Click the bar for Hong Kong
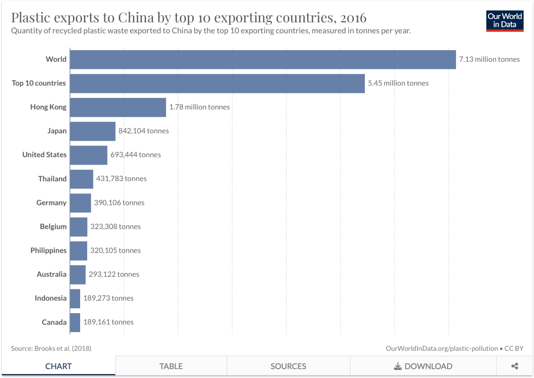[x=118, y=107]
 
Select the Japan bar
[x=93, y=131]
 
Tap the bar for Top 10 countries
[x=217, y=83]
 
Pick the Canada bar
[x=75, y=322]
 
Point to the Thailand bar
[x=81, y=179]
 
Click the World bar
[x=263, y=59]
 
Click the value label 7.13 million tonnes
[x=489, y=59]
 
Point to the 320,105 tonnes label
[x=115, y=250]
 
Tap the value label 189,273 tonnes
[x=108, y=298]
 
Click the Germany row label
[x=51, y=203]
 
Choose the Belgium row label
[x=53, y=227]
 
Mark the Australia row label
[x=52, y=274]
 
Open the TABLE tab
[x=171, y=366]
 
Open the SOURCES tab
[x=288, y=366]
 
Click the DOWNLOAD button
[x=423, y=366]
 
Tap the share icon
[x=515, y=366]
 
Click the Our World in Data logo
[x=505, y=20]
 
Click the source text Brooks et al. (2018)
[x=63, y=349]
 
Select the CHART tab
[x=58, y=366]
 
